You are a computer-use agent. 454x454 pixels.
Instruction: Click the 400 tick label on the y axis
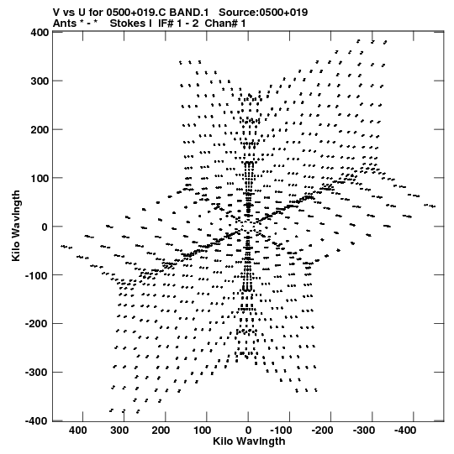pos(40,32)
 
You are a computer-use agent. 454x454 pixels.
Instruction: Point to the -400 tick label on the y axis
pos(36,421)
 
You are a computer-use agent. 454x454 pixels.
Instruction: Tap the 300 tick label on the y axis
pos(40,81)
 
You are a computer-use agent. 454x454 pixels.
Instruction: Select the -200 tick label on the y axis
pos(36,324)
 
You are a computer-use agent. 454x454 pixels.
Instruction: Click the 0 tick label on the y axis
pos(45,227)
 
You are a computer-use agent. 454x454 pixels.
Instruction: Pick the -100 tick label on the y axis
pos(36,275)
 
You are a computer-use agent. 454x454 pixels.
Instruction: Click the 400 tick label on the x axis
pos(78,431)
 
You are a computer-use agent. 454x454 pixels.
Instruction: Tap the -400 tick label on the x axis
pos(405,431)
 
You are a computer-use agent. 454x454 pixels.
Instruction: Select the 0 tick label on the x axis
pos(248,431)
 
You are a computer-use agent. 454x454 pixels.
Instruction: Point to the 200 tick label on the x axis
pos(161,431)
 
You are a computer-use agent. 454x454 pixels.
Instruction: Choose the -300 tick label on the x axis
pos(364,431)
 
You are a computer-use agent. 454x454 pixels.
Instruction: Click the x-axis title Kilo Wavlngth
pos(249,441)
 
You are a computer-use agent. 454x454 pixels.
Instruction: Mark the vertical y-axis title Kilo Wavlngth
pos(16,226)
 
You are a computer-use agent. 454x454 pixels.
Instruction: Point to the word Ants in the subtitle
pos(65,23)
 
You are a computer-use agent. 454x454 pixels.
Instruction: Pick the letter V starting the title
pos(56,13)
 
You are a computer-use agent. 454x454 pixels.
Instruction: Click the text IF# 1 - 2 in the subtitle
pos(178,23)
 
